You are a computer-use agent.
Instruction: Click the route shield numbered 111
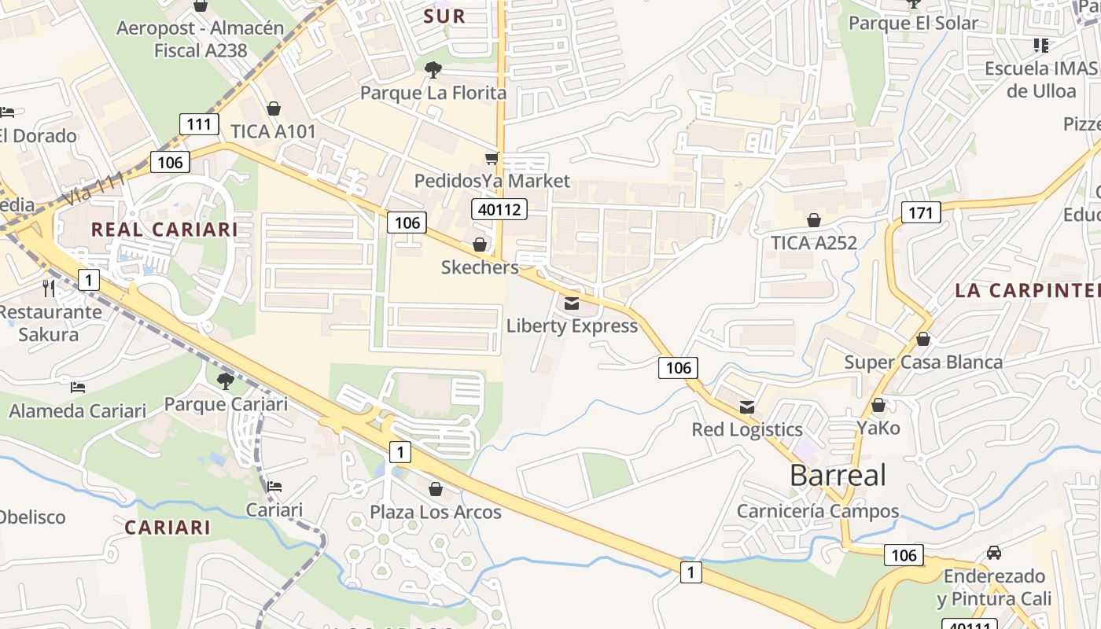pos(199,123)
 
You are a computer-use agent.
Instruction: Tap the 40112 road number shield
pos(499,209)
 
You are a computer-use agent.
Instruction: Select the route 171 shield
pos(921,212)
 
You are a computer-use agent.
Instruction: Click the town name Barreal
pos(838,475)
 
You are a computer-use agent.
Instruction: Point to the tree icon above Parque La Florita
pos(433,70)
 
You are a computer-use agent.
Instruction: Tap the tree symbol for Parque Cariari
pos(226,381)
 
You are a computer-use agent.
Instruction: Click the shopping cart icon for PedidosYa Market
pos(492,159)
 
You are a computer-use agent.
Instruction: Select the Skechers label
pos(480,267)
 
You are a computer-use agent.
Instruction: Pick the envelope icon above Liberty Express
pos(572,303)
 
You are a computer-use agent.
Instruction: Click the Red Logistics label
pos(747,429)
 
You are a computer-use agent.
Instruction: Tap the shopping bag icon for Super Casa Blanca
pos(923,340)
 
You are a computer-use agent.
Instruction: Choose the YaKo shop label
pos(878,429)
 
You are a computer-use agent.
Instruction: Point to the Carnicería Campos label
pos(818,511)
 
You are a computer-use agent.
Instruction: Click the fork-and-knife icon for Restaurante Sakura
pos(49,289)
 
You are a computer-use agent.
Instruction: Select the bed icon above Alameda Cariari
pos(78,388)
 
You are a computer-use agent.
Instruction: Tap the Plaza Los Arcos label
pos(436,512)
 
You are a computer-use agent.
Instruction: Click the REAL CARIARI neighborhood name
pos(164,230)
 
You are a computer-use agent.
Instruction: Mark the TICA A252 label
pos(814,243)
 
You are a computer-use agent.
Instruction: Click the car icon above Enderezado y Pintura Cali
pos(994,553)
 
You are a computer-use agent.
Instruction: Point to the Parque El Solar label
pos(913,23)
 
